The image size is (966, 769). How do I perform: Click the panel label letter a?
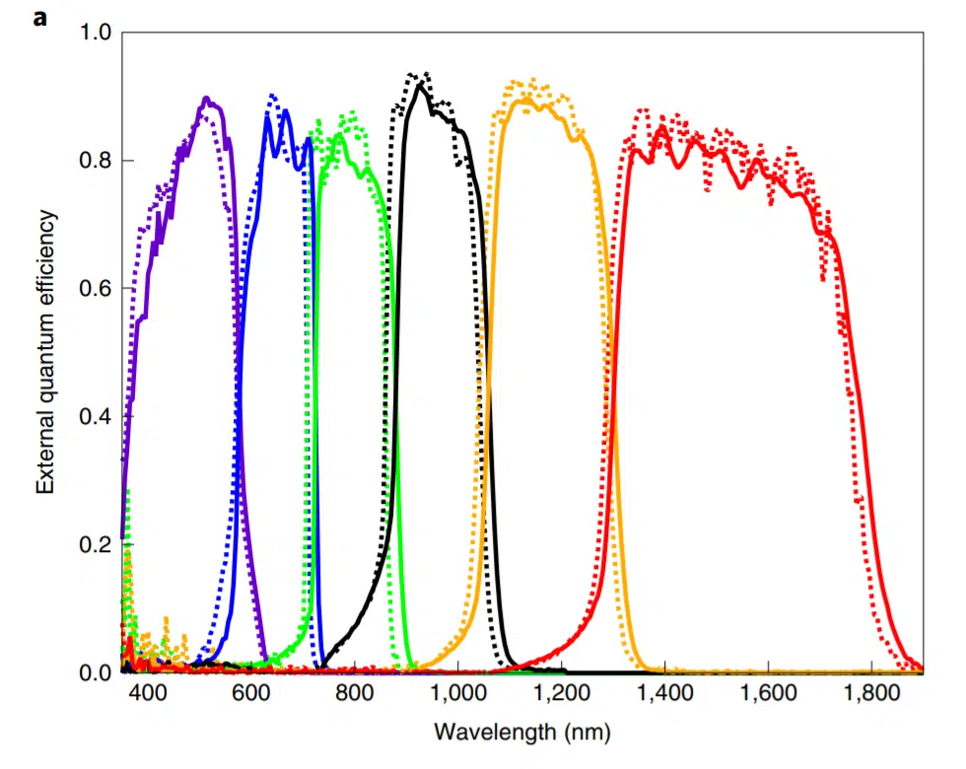pos(39,17)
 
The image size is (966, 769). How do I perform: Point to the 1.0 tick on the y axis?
pos(98,33)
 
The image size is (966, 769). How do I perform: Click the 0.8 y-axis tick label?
pos(98,161)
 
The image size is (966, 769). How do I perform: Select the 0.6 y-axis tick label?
pos(98,289)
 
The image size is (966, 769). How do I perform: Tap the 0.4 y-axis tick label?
pos(98,417)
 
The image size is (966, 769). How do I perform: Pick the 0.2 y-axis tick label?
pos(98,545)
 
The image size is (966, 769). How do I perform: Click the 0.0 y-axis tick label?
pos(98,672)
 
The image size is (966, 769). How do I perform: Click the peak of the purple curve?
pos(206,99)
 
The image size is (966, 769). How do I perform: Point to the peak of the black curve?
pos(420,85)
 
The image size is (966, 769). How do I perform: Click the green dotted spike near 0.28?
pos(128,492)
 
